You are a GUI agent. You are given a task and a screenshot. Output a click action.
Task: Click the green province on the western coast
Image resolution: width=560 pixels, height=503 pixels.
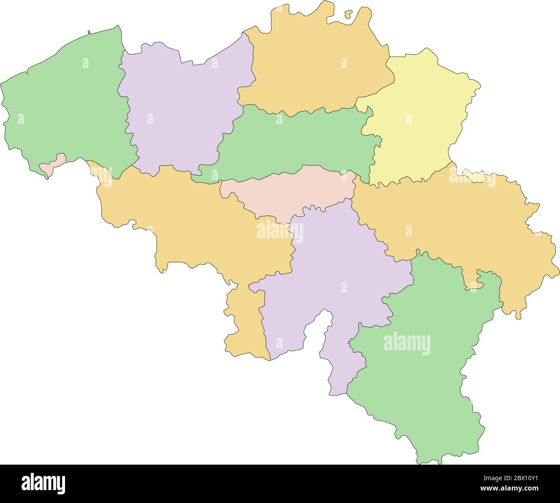click(x=65, y=103)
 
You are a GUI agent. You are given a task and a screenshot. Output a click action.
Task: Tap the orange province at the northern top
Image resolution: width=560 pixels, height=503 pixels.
click(x=314, y=65)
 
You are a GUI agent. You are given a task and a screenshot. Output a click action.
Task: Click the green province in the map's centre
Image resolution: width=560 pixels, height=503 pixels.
click(x=297, y=142)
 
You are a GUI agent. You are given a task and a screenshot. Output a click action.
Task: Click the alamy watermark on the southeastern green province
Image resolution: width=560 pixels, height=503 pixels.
click(x=407, y=344)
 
